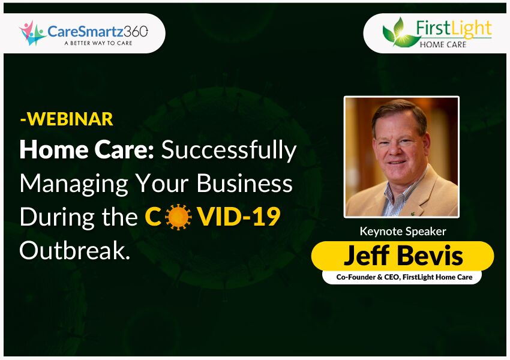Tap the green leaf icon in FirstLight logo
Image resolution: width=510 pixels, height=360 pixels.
click(x=395, y=32)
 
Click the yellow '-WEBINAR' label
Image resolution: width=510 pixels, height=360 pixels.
click(x=66, y=119)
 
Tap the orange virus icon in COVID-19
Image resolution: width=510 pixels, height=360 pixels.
click(x=178, y=217)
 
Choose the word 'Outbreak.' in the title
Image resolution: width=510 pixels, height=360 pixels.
click(x=75, y=250)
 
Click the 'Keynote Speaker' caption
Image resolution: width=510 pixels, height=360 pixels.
click(x=402, y=231)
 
